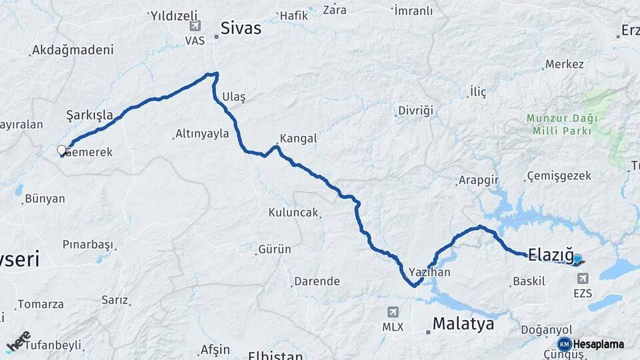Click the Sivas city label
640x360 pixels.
coord(241,29)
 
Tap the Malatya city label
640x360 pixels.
coord(463,324)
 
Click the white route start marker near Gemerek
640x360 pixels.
coord(62,151)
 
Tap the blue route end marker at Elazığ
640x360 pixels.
coord(577,259)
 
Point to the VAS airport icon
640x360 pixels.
coord(195,26)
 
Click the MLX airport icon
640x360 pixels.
coord(393,312)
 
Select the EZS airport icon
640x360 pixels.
coord(583,279)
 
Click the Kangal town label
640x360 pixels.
coord(298,139)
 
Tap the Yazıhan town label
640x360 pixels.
coord(429,272)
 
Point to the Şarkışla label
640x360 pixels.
coord(89,114)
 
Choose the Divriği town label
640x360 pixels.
coord(415,110)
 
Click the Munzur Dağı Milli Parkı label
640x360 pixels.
coord(562,125)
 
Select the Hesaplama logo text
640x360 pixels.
coord(599,345)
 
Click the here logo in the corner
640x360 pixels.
coord(18,341)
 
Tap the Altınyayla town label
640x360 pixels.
coord(202,134)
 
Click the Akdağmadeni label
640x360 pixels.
coord(73,50)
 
